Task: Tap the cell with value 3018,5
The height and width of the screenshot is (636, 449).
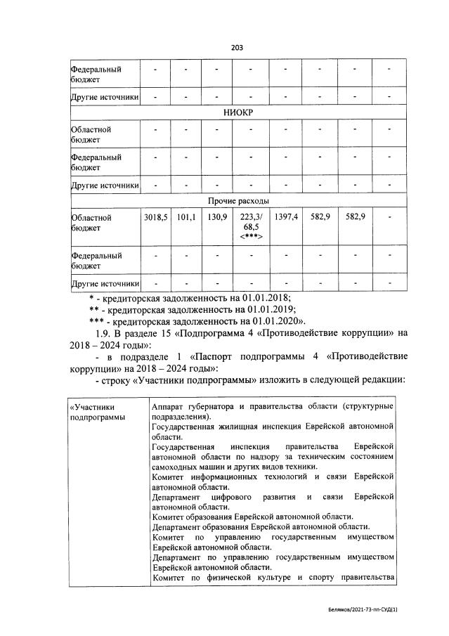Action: pos(156,218)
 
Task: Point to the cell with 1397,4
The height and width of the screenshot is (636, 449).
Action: pos(286,218)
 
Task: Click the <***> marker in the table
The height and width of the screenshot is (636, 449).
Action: pos(251,237)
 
